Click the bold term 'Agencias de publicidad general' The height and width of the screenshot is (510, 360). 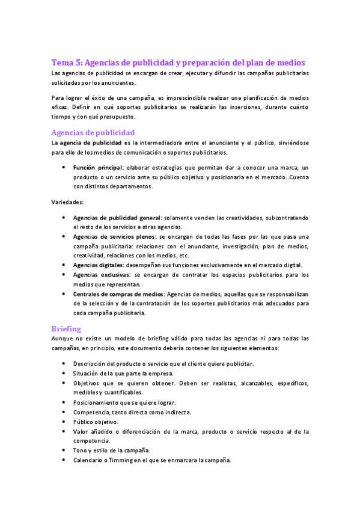pyautogui.click(x=117, y=218)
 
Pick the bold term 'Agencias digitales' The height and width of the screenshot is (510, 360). pyautogui.click(x=98, y=265)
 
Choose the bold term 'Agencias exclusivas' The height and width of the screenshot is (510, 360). pyautogui.click(x=101, y=275)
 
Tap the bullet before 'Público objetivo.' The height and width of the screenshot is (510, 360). pyautogui.click(x=64, y=422)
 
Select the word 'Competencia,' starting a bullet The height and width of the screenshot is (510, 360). pyautogui.click(x=91, y=412)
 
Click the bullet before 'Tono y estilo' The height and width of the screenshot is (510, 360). pyautogui.click(x=64, y=450)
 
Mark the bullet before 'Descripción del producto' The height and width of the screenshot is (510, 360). pyautogui.click(x=64, y=364)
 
